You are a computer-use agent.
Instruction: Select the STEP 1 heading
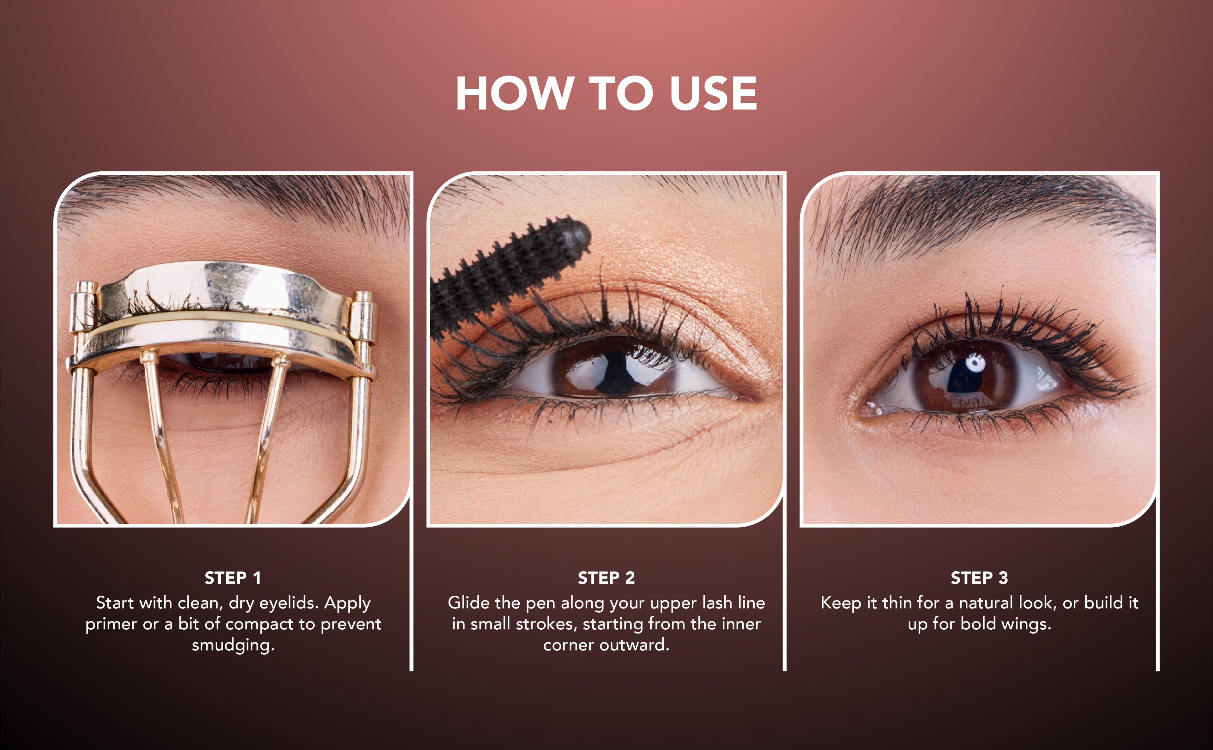tap(232, 578)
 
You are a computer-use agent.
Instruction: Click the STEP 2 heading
tap(606, 578)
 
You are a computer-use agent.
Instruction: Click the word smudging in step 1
tap(233, 646)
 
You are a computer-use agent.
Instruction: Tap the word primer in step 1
tap(112, 625)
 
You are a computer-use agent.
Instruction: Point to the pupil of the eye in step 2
tap(615, 372)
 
